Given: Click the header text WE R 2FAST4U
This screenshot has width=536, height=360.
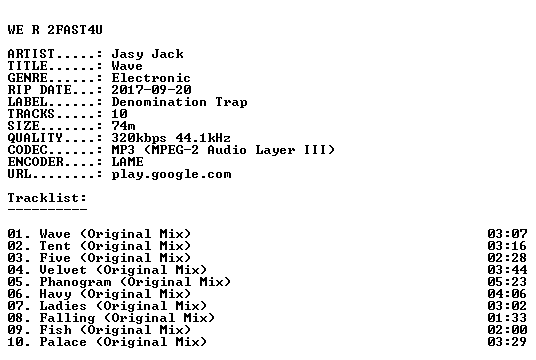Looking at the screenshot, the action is pos(55,30).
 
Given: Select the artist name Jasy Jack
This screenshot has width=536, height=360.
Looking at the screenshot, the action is pos(148,54).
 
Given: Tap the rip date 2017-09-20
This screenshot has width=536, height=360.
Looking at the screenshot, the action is pos(151,90).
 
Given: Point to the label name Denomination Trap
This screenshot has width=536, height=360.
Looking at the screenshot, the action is pos(179,102).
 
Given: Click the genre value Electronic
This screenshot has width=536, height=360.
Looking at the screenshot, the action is pos(151,78).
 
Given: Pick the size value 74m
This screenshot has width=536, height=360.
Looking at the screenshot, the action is pos(123,126).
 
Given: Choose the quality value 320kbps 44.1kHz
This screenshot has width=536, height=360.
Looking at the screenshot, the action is pos(171,138).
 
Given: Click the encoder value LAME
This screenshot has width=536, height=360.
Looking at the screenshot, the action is pos(128,162).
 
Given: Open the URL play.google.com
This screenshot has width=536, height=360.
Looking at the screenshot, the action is pos(172,175).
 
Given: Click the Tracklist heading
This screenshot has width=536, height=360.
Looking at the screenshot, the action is pos(47,198).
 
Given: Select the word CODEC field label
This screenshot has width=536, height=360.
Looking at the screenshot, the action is pos(27,150).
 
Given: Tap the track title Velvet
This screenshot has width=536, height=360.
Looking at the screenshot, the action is pos(63,270).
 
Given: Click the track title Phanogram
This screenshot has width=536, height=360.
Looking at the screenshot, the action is pos(75,282).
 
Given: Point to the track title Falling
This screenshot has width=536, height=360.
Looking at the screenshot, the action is pos(67,318).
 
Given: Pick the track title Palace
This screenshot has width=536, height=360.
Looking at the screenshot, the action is pos(63,342).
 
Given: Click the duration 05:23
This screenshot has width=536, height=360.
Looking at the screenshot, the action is pos(507,282).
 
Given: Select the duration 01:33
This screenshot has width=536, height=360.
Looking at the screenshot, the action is pos(507,318).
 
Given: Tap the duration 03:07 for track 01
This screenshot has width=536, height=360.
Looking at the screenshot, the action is pos(507,234).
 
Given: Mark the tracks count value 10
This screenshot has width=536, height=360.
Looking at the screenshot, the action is pos(120,114).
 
